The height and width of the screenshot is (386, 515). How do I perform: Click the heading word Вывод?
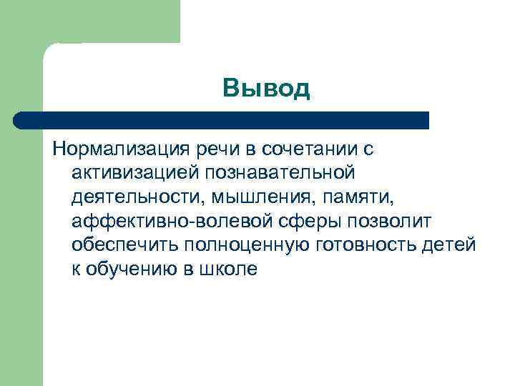(265, 89)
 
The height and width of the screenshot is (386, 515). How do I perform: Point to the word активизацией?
(136, 172)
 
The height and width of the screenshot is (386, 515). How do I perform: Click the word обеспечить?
(125, 244)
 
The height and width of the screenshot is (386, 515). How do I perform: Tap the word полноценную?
(247, 244)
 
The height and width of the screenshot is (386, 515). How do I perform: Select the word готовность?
(371, 244)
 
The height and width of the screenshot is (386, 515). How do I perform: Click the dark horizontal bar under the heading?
(222, 119)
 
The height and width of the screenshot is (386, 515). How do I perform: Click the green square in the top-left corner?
(89, 20)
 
